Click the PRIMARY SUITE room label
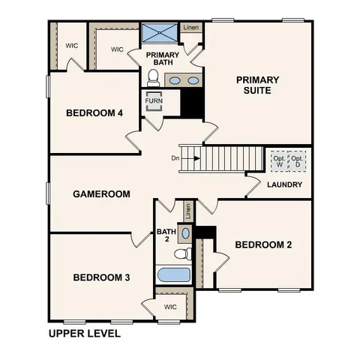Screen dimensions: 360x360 [x=257, y=85]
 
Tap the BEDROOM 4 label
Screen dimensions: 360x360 [x=94, y=113]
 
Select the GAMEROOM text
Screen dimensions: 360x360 [x=101, y=193]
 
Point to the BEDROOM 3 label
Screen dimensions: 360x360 [x=101, y=277]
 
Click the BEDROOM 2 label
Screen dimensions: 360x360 [x=263, y=244]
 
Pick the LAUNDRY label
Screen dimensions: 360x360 [x=285, y=184]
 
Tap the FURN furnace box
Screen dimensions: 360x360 [x=153, y=100]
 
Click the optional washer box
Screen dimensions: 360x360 [x=279, y=161]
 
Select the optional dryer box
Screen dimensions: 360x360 [x=298, y=161]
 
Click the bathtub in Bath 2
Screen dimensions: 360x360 [x=173, y=274]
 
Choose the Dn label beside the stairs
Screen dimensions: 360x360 [x=175, y=158]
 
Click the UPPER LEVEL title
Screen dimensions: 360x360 [x=84, y=333]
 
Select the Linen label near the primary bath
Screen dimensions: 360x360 [x=191, y=28]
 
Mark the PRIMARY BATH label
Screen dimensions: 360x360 [x=162, y=59]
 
